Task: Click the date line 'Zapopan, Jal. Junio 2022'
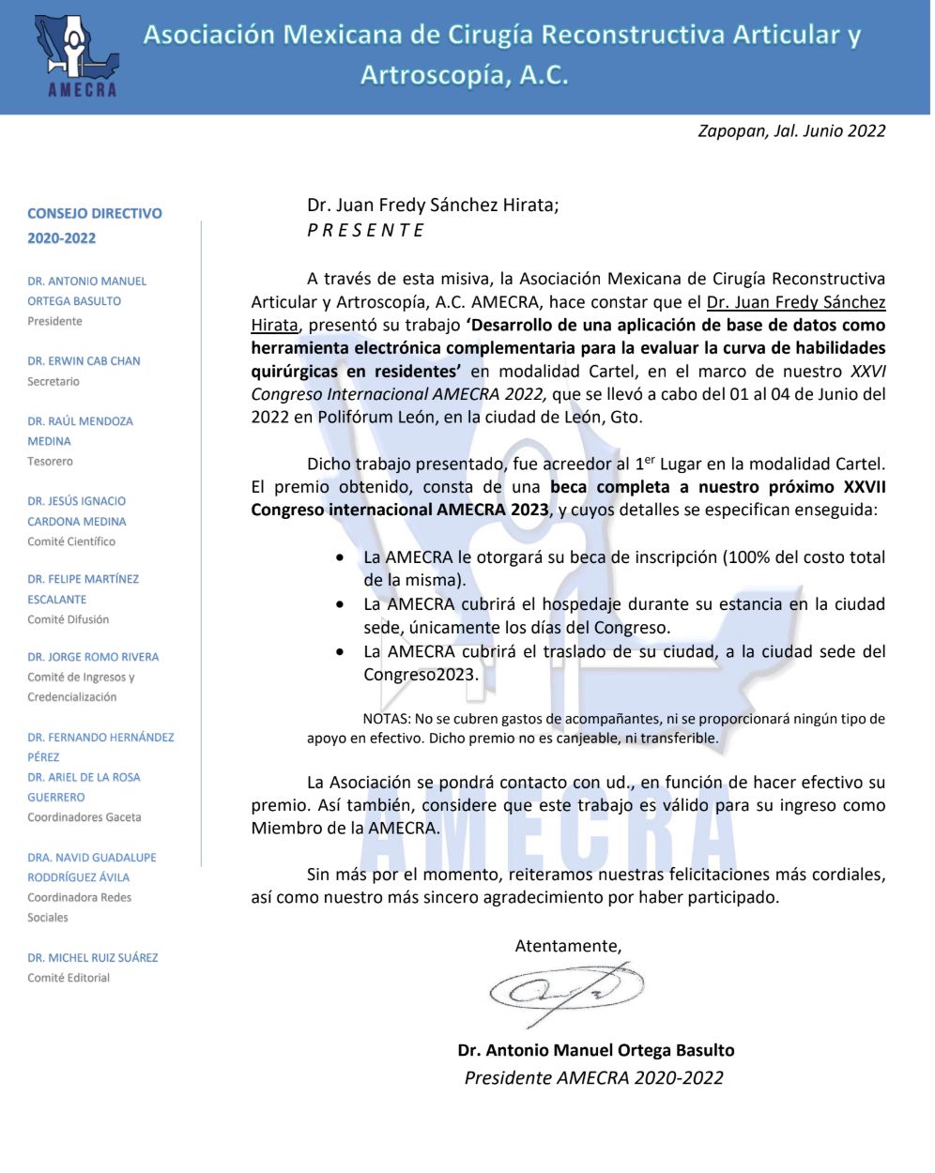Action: [x=790, y=131]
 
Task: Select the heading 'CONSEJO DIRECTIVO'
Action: [x=95, y=214]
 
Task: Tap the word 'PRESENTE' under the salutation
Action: [x=366, y=231]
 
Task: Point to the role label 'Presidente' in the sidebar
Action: [x=54, y=322]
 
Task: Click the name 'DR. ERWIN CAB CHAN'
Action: [x=84, y=361]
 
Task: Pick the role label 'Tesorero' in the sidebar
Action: [x=50, y=462]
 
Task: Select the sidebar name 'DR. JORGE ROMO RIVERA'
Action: [x=93, y=657]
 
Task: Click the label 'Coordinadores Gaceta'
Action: [x=84, y=817]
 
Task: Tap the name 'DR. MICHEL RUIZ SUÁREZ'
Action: [x=93, y=958]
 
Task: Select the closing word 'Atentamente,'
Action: [x=568, y=946]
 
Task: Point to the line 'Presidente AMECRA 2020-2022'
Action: [x=593, y=1078]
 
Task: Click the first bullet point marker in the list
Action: [x=340, y=557]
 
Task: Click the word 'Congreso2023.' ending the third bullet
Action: [x=421, y=675]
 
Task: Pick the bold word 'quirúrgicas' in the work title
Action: [x=294, y=372]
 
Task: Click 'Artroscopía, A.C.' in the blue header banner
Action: [x=465, y=76]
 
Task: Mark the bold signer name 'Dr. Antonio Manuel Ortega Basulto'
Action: [x=596, y=1051]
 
